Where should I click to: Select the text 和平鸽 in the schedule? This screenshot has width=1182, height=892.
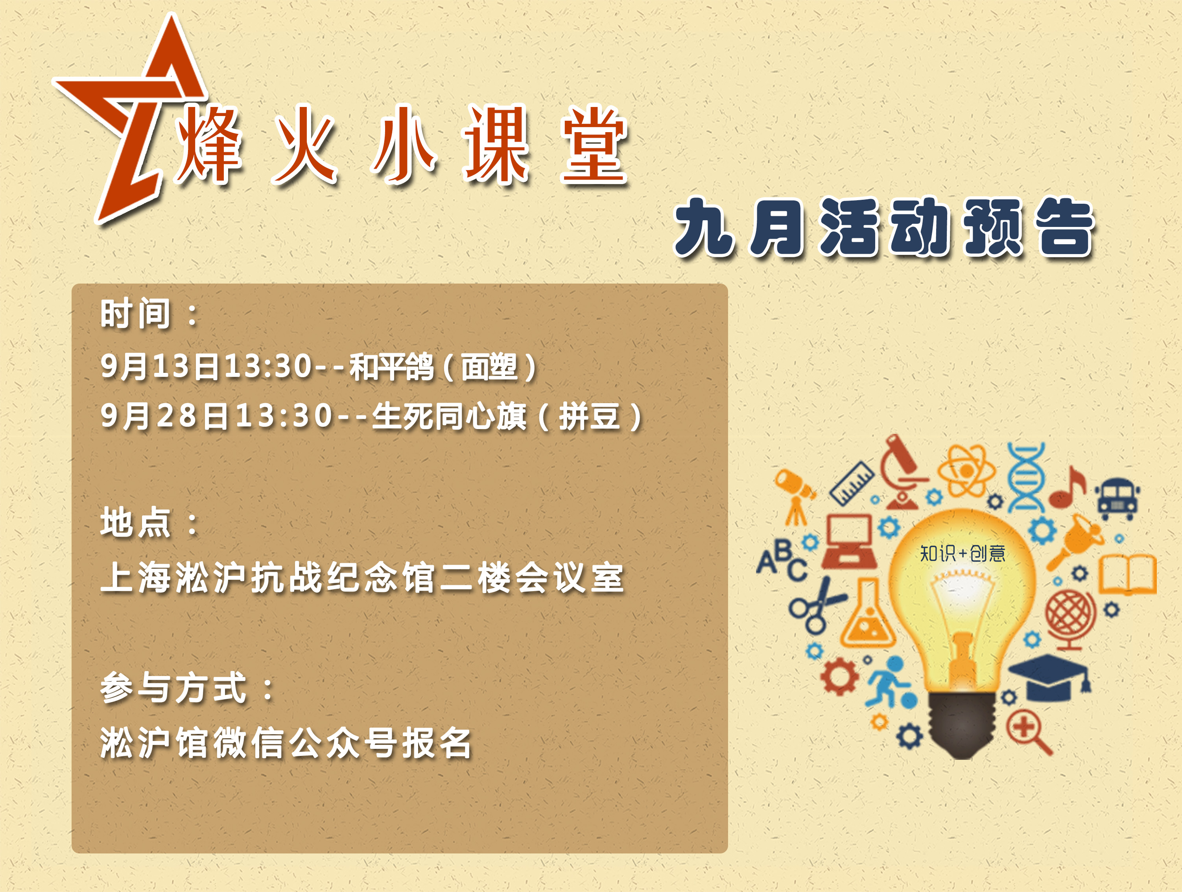tap(391, 367)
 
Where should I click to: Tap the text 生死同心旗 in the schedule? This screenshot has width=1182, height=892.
tap(449, 417)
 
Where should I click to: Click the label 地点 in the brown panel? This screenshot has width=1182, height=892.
tap(135, 522)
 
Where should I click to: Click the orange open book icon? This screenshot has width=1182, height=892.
tap(1127, 575)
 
